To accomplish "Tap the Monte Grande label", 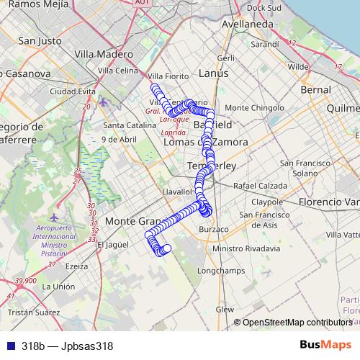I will [x=130, y=221].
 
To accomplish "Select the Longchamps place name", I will [x=216, y=271].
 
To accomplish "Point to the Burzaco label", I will [x=213, y=229].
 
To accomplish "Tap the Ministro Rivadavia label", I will [x=246, y=248].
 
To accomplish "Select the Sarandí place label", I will [x=265, y=44].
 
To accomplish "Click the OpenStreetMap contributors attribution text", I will [x=297, y=323].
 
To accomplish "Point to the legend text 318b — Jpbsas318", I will [x=67, y=346].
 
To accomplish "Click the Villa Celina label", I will [x=117, y=71].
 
